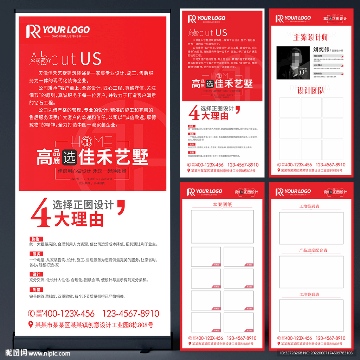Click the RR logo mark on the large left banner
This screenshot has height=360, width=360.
pos(33,31)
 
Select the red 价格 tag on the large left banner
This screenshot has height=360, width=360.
pos(36,239)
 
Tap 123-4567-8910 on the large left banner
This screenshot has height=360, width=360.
pos(130,314)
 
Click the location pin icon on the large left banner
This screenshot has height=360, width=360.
pos(31,324)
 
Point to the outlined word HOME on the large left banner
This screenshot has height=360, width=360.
pos(92,142)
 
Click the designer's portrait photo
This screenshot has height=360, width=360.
pos(293,63)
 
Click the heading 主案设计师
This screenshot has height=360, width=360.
pos(310,37)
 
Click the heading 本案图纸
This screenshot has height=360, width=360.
pos(222,204)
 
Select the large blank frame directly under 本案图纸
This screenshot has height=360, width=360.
pos(222,227)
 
